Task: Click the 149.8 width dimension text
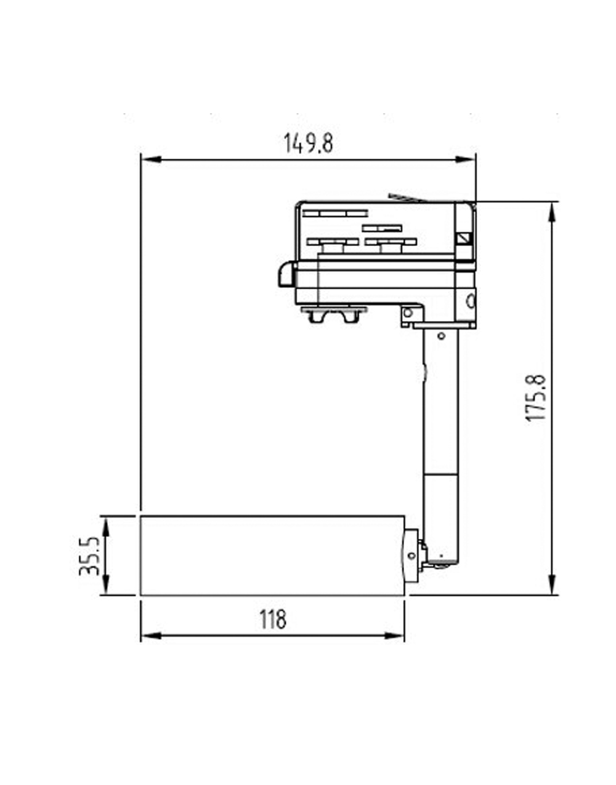click(x=308, y=143)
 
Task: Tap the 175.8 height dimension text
click(x=537, y=398)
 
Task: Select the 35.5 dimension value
click(x=90, y=556)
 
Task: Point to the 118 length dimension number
click(x=272, y=619)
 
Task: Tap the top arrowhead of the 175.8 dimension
click(x=553, y=211)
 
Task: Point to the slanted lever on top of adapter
click(x=407, y=197)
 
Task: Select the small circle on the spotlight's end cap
click(x=411, y=556)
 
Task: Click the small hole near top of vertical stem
click(x=441, y=336)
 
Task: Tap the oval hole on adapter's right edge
click(x=471, y=301)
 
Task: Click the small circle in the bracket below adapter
click(x=407, y=313)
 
